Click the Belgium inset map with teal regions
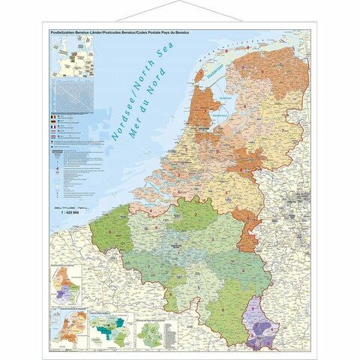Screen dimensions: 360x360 (x=109, y=327)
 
